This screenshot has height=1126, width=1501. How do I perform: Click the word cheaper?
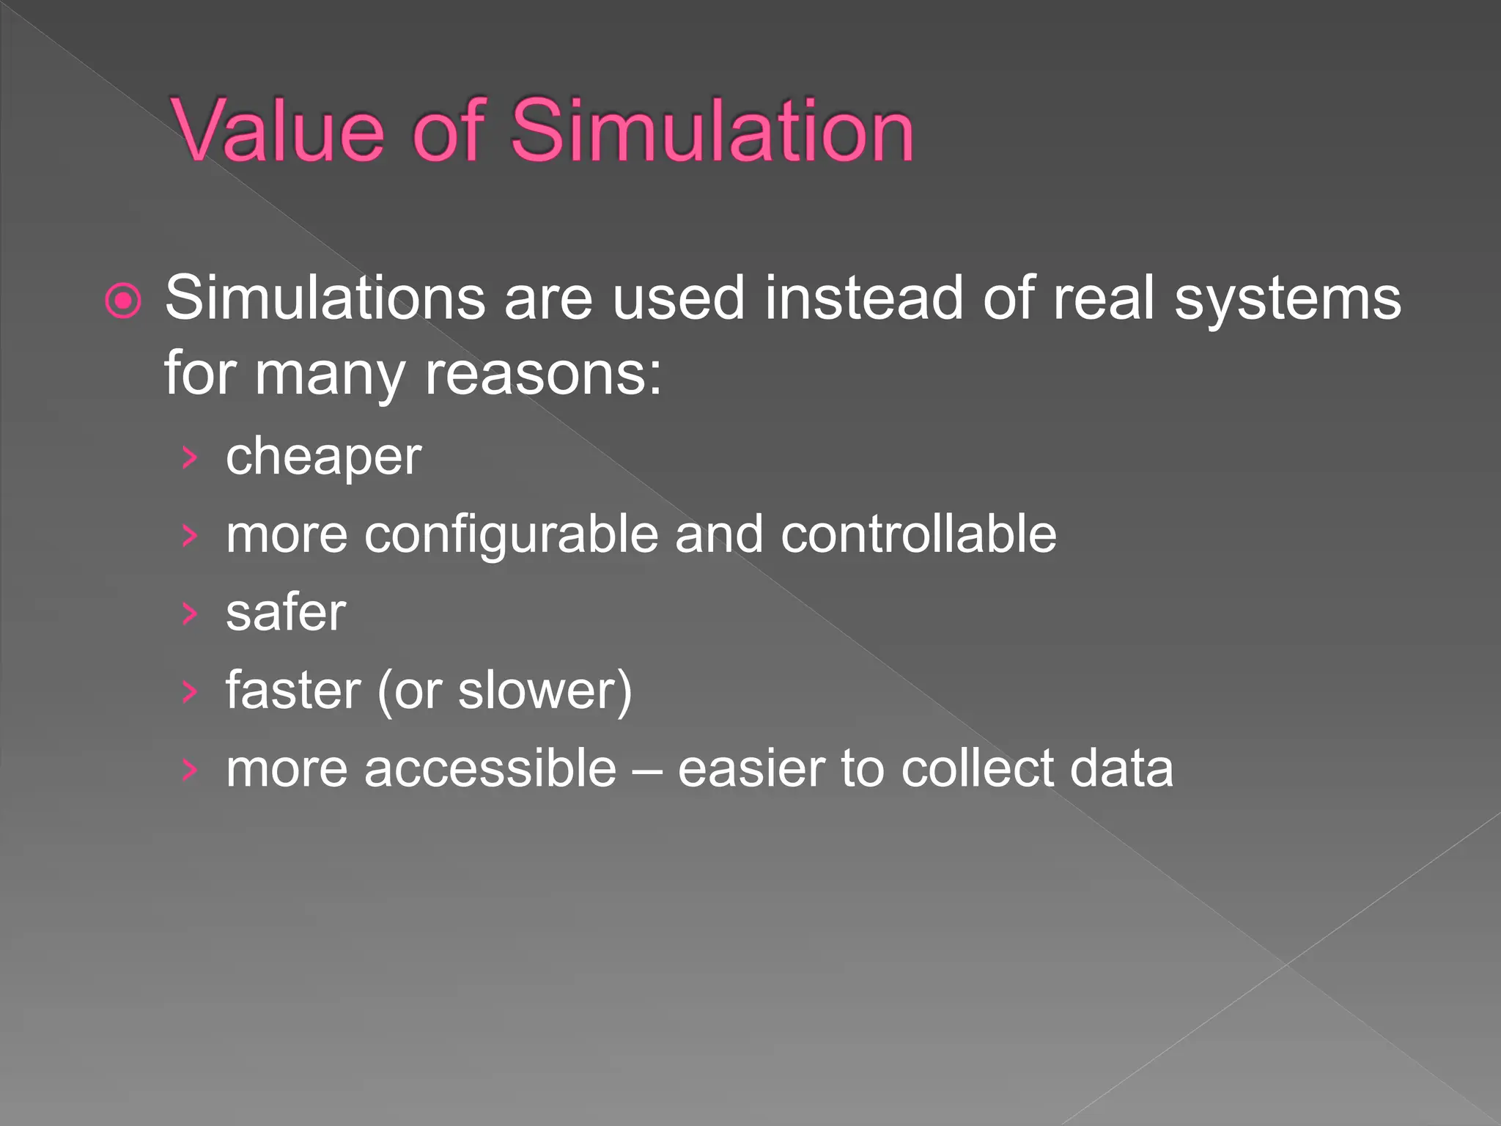[323, 457]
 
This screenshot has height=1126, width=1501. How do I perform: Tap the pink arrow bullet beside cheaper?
[190, 457]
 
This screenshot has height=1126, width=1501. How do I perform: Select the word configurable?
[512, 535]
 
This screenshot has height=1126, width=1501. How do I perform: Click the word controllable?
[918, 534]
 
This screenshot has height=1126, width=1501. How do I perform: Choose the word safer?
[286, 613]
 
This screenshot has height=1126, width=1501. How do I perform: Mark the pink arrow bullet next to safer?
[190, 613]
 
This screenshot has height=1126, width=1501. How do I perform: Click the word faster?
[293, 690]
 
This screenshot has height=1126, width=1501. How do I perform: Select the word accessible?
[490, 768]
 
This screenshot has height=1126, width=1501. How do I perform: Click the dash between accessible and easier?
[647, 770]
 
